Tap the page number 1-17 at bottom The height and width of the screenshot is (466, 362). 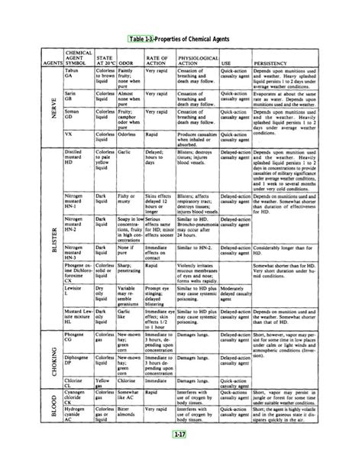tap(181, 457)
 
